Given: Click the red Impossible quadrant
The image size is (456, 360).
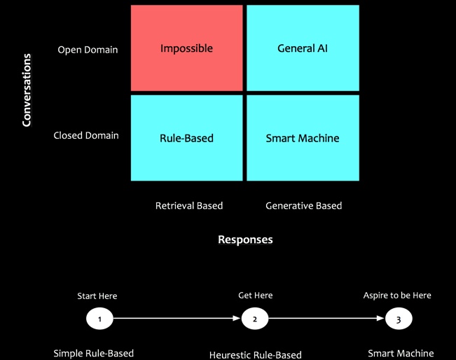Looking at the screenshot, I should point(186,48).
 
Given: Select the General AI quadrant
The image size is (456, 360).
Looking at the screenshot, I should point(303,48).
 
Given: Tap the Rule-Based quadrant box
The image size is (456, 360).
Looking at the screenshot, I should point(186,138).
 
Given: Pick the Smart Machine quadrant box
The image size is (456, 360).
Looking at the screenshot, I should point(303,138).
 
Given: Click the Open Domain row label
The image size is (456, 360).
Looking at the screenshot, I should point(88,50).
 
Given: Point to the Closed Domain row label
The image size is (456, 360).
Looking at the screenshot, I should point(86,135).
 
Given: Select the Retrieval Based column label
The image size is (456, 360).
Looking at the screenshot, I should point(189,205).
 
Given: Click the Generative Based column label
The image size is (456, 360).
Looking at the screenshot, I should point(304,205).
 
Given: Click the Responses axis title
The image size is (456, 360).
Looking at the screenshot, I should point(245,240).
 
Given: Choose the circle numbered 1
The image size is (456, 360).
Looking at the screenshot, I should point(100,319).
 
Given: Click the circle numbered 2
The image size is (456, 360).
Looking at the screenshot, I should point(255,319).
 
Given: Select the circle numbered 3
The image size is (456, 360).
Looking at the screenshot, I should point(399,319).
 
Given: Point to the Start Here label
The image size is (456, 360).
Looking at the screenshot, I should point(97,296).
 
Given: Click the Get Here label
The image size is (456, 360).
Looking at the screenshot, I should point(256,296).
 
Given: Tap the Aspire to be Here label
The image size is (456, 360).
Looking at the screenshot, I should point(397,296).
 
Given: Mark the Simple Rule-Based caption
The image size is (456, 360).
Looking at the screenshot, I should point(94,353).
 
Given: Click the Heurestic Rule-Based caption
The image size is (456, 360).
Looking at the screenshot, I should point(256,354).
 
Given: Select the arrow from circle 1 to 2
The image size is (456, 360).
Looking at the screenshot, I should point(177,319).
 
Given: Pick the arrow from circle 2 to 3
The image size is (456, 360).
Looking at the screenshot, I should point(326,319).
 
